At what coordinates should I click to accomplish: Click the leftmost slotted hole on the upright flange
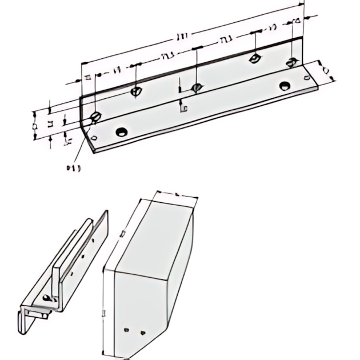coord(96,117)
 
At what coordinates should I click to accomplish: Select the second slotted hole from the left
coord(136,90)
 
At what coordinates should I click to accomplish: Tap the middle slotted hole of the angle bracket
coord(197,87)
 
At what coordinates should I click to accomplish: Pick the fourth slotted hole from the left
coord(255,58)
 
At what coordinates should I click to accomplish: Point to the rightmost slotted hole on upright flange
coord(291,62)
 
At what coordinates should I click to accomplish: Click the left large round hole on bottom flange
coord(121,132)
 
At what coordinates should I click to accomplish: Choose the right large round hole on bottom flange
coord(284,86)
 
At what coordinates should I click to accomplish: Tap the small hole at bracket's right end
coord(307,76)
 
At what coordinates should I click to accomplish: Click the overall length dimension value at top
coord(182,36)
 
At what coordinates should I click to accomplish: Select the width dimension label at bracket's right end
coord(326,70)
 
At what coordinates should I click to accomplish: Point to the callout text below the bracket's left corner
coord(73,168)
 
